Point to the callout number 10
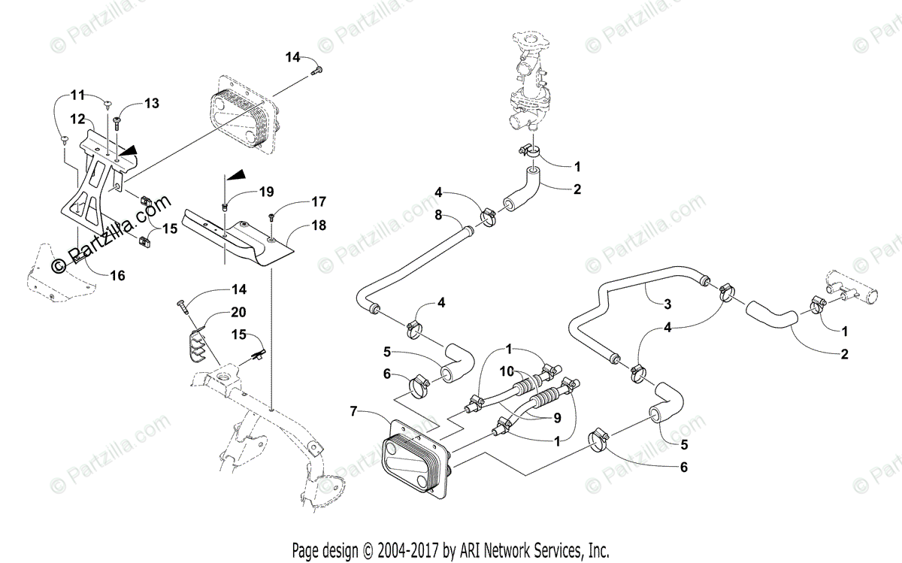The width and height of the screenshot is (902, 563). pos(507,372)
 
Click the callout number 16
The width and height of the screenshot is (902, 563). pos(117,275)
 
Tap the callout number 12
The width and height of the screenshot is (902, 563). pos(77,119)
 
